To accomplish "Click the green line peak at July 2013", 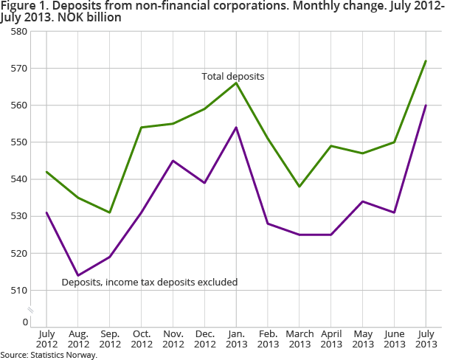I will pyautogui.click(x=426, y=60).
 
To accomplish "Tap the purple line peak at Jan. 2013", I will pyautogui.click(x=236, y=127).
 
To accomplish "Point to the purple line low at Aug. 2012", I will pyautogui.click(x=78, y=275).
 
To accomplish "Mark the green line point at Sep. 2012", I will pyautogui.click(x=110, y=212).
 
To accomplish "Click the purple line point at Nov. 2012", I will pyautogui.click(x=173, y=161).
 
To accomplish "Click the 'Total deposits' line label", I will pyautogui.click(x=233, y=76).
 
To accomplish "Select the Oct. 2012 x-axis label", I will pyautogui.click(x=141, y=339).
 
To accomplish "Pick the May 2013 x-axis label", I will pyautogui.click(x=362, y=339).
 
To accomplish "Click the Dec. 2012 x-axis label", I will pyautogui.click(x=204, y=339).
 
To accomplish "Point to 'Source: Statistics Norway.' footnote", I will pyautogui.click(x=49, y=355).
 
